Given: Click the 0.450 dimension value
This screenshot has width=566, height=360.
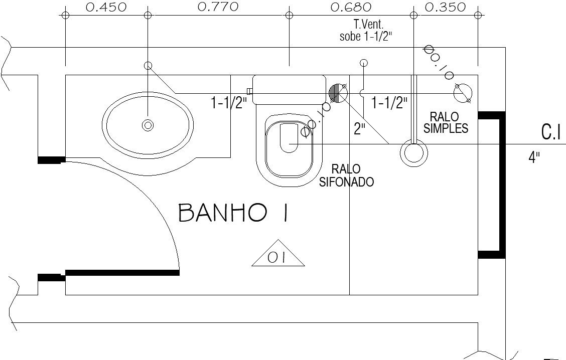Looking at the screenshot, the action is (x=106, y=7).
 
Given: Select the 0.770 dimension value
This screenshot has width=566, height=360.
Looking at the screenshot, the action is (x=218, y=7).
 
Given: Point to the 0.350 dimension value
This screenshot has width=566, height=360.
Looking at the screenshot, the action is (x=445, y=7).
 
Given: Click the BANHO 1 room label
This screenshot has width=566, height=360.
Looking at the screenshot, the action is (x=233, y=213).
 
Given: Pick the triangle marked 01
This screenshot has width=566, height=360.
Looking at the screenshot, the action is (x=278, y=254).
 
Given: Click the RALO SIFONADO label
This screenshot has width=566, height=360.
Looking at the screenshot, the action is (x=347, y=175).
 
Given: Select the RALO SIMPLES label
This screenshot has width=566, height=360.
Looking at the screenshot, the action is (x=446, y=123).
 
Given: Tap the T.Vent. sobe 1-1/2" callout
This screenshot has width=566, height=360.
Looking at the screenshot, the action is (x=366, y=31).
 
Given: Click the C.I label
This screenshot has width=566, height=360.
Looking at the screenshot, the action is (x=551, y=132).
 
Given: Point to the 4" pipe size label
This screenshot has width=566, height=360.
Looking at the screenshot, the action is (x=534, y=157).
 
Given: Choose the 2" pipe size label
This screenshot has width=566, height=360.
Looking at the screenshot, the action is (x=360, y=129).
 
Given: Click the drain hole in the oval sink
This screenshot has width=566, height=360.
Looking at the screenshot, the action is (x=148, y=125).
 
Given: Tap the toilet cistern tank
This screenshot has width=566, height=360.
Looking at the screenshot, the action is (x=289, y=89).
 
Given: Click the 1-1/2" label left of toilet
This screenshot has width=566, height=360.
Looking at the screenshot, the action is (x=229, y=103).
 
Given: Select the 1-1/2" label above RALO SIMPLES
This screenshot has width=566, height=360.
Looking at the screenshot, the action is (x=389, y=103).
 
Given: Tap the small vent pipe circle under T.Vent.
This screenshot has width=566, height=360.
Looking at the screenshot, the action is (x=364, y=63).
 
